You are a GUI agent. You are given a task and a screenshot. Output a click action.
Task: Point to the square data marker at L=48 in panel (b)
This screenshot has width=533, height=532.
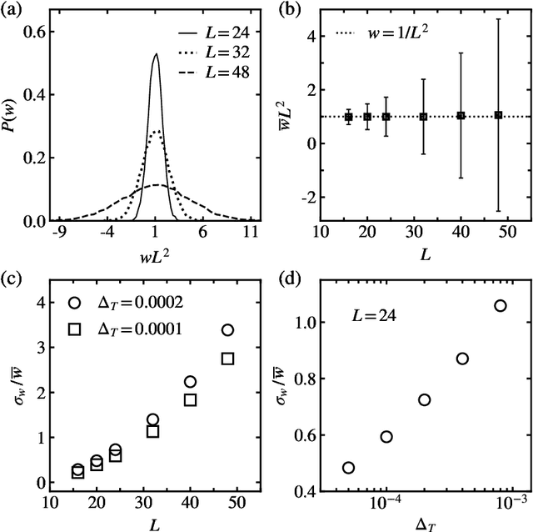click(x=498, y=115)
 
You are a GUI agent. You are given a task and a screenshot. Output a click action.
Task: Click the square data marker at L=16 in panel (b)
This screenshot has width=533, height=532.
click(x=349, y=116)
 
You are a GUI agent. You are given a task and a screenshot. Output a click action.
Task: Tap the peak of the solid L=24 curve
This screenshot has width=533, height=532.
click(x=156, y=55)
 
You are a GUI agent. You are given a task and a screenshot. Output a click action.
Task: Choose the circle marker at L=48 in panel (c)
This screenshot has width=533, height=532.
click(x=227, y=330)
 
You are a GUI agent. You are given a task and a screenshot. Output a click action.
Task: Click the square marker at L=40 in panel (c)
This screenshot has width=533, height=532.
click(x=190, y=399)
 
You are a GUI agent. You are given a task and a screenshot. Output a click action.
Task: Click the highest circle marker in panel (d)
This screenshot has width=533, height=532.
click(x=501, y=306)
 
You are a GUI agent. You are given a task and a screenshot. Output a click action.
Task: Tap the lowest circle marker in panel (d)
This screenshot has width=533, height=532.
click(x=348, y=468)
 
